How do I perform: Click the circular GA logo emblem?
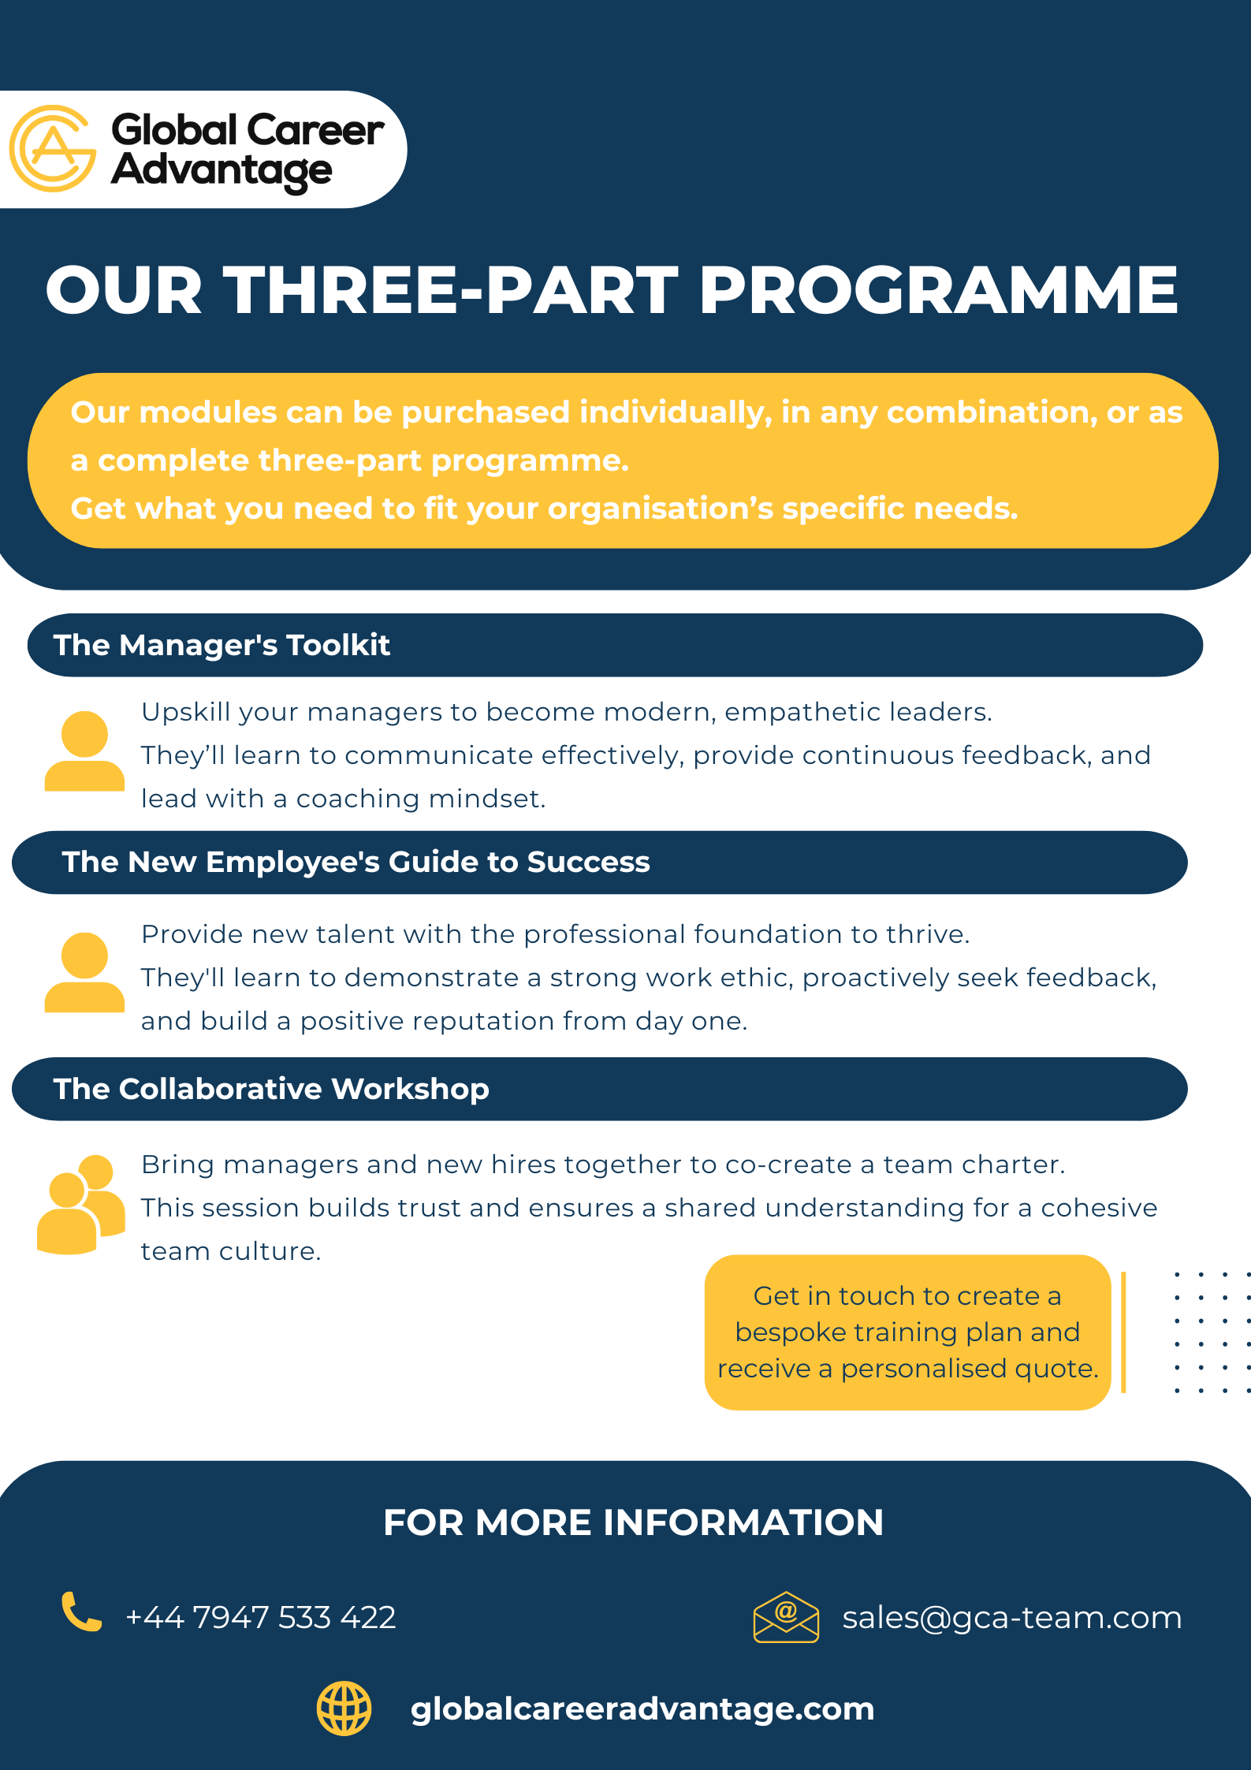(x=53, y=149)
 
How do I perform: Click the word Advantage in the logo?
(x=222, y=171)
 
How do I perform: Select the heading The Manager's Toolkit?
(x=222, y=645)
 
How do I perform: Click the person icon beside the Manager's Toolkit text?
(x=84, y=751)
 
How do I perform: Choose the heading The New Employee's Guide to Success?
(x=356, y=862)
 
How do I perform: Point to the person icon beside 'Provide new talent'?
(x=84, y=972)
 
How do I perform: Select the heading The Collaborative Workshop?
(x=271, y=1089)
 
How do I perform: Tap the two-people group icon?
(x=81, y=1204)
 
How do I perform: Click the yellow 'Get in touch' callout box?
(x=907, y=1332)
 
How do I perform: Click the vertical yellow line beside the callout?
(x=1123, y=1332)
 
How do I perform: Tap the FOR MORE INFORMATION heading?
(x=633, y=1522)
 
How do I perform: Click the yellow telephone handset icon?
(x=82, y=1612)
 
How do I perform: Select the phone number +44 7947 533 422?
(x=261, y=1618)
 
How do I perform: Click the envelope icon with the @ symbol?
(x=786, y=1617)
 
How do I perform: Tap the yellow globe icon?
(x=344, y=1709)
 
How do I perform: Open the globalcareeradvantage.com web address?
(x=642, y=1709)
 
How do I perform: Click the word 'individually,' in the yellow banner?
(x=676, y=413)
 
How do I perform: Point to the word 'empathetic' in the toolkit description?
(x=802, y=713)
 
